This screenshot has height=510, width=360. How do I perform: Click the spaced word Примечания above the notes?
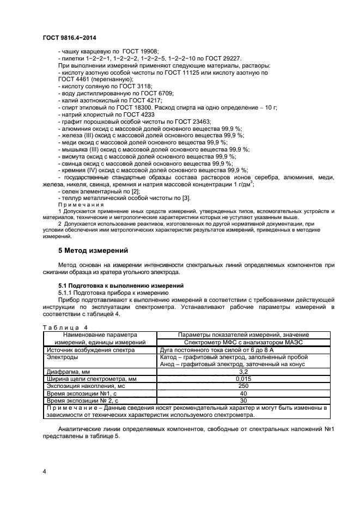click(81, 205)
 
